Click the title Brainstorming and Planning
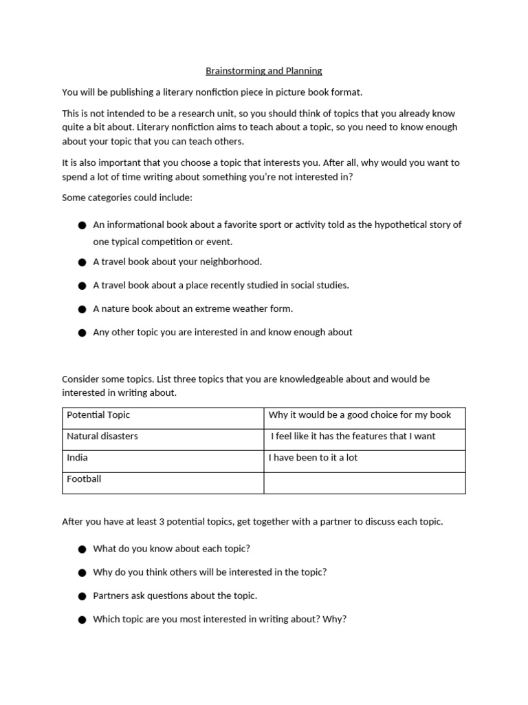pyautogui.click(x=264, y=71)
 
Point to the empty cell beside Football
pyautogui.click(x=364, y=483)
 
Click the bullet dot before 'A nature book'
pyautogui.click(x=82, y=309)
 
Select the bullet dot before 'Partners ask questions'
pyautogui.click(x=82, y=596)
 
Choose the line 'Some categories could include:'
pyautogui.click(x=127, y=198)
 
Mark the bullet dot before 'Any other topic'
pyautogui.click(x=82, y=333)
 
